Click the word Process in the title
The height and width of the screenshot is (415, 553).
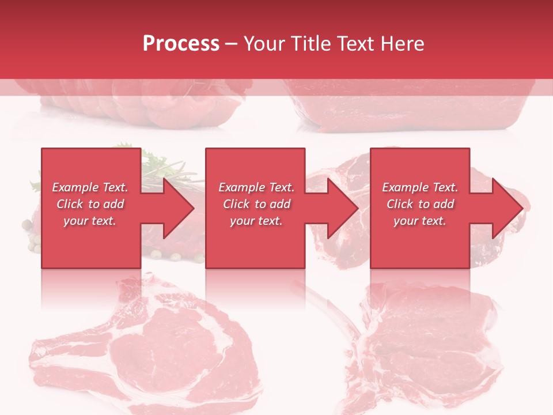pos(181,43)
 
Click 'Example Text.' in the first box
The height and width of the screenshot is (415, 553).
pos(90,187)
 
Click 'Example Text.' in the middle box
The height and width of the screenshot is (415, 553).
pos(256,187)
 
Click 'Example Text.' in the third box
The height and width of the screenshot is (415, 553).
pos(420,187)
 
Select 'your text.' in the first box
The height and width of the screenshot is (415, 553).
pos(90,221)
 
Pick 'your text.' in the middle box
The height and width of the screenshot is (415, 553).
pos(256,221)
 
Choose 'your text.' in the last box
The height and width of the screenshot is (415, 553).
pos(420,221)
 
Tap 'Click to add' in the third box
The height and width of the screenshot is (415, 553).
pos(420,204)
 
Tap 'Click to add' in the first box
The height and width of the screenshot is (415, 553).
pos(90,204)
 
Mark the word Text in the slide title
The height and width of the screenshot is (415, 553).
pos(355,43)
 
